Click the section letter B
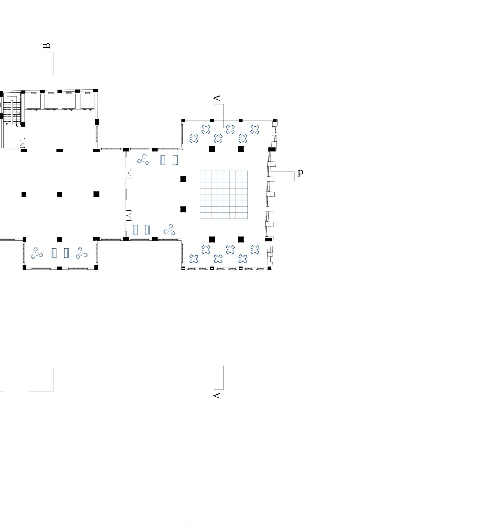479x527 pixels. [x=47, y=46]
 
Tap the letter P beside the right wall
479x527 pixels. [x=300, y=174]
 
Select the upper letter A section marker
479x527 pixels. [x=217, y=98]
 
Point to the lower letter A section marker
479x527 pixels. [x=217, y=395]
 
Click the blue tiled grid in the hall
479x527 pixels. [x=224, y=195]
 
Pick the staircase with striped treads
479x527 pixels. [x=12, y=113]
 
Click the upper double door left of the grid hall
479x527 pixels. [x=128, y=173]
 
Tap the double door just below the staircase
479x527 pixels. [x=22, y=143]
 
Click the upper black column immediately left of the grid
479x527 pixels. [x=183, y=179]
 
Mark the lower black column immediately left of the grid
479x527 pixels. [x=183, y=209]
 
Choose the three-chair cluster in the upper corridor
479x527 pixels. [x=143, y=159]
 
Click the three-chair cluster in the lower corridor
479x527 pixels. [x=170, y=230]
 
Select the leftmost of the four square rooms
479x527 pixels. [x=33, y=101]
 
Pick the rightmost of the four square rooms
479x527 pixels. [x=87, y=101]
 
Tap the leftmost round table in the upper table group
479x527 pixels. [x=194, y=139]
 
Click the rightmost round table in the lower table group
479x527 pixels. [x=255, y=250]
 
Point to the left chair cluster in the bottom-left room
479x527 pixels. [x=37, y=253]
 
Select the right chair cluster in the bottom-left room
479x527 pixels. [x=81, y=253]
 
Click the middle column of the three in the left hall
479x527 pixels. [x=59, y=194]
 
